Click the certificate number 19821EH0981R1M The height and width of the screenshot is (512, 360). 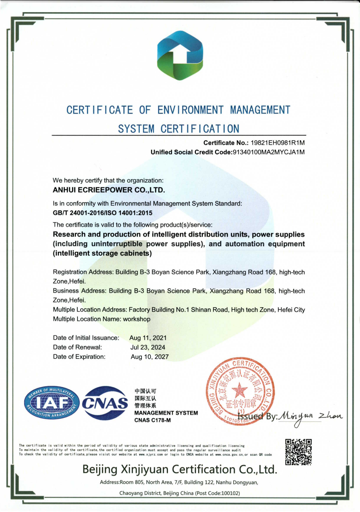click(277, 143)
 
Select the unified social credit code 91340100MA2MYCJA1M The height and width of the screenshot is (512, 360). click(268, 152)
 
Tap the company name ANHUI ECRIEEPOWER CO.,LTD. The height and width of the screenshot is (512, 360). click(109, 190)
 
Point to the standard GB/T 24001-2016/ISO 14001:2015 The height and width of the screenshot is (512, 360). click(103, 213)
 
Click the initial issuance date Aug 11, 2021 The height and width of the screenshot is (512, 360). click(148, 338)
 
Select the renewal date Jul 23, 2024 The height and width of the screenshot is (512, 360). click(148, 347)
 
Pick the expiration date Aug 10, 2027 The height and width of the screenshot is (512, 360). click(150, 357)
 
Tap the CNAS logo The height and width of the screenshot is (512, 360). click(105, 403)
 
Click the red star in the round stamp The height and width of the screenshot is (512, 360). click(240, 390)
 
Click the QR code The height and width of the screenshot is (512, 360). click(298, 452)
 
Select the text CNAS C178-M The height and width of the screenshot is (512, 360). click(153, 420)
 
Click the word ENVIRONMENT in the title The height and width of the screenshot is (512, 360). click(190, 110)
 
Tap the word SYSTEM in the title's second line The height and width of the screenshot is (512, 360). click(136, 129)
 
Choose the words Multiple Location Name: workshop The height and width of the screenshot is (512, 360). click(102, 319)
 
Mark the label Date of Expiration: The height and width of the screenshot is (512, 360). click(79, 357)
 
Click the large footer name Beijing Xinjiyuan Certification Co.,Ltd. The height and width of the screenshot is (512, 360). click(180, 470)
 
